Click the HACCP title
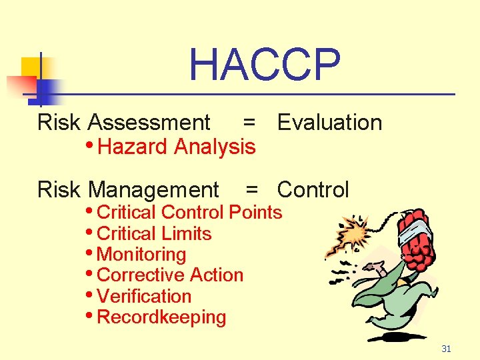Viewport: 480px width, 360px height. coord(265,65)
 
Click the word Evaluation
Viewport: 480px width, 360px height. coord(329,123)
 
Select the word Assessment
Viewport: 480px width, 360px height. coord(149,123)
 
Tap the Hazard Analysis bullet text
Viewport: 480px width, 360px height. coord(176,147)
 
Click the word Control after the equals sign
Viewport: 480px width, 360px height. coord(313,190)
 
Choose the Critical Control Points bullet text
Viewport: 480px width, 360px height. coord(189,213)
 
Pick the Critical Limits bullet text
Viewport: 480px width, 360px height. coord(154,234)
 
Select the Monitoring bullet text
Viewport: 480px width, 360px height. coord(141,255)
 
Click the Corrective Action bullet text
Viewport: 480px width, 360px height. coord(170,275)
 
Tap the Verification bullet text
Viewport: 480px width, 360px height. coord(144,297)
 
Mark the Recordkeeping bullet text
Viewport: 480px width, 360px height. coord(161,317)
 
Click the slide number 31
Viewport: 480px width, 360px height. coord(447,349)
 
